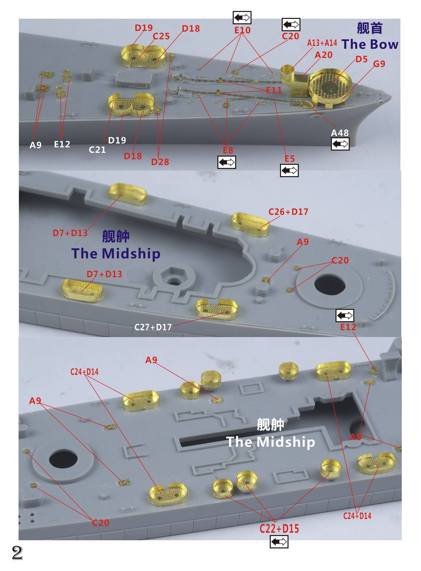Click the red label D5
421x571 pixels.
click(x=361, y=59)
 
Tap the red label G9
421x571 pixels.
click(x=379, y=64)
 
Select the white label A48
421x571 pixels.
click(x=340, y=133)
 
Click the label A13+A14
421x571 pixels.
click(x=322, y=43)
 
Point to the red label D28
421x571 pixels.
click(x=160, y=162)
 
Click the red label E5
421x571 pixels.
click(x=289, y=159)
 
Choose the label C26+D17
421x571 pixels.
click(x=288, y=212)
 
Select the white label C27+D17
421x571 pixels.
click(x=153, y=327)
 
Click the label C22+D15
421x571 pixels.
click(x=279, y=529)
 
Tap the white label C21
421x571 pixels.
click(x=97, y=150)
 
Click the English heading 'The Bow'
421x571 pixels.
click(x=370, y=44)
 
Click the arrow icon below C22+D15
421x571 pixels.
click(x=279, y=542)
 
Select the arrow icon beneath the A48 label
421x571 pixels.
click(x=340, y=144)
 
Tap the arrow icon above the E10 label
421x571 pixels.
click(x=242, y=18)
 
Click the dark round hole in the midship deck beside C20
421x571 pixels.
click(x=330, y=286)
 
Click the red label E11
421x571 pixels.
click(x=274, y=90)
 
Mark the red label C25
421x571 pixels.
click(x=161, y=36)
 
